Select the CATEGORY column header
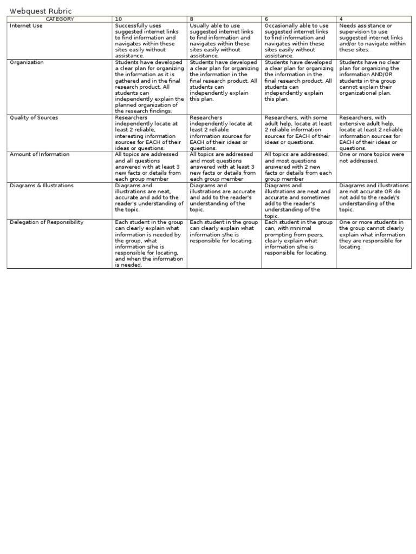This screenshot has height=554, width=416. coord(60,19)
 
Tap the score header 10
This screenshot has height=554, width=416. coord(118,19)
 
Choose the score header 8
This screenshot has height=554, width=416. coord(192,19)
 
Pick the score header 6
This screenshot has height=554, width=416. coord(266,19)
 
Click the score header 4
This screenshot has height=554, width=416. coord(341,19)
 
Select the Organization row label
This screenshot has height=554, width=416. coord(27,62)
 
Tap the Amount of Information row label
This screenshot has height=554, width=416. coord(40,154)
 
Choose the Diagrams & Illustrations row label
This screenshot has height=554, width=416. coord(42,186)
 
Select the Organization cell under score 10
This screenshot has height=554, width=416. coord(149,87)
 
